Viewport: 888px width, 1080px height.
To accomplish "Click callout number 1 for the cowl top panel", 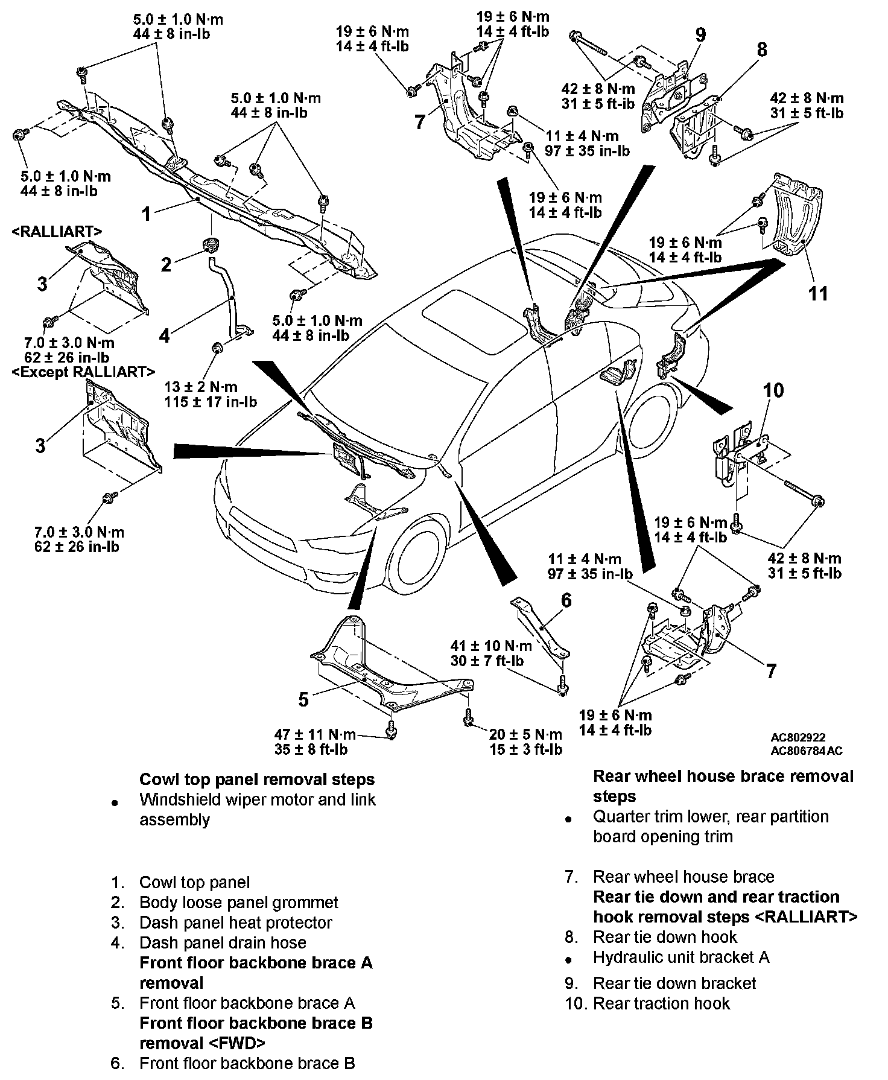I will pyautogui.click(x=146, y=214).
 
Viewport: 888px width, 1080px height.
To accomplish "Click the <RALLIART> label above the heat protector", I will pyautogui.click(x=56, y=231).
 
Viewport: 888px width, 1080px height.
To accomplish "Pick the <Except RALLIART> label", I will pyautogui.click(x=83, y=372).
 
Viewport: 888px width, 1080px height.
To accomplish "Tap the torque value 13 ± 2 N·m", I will pyautogui.click(x=201, y=387).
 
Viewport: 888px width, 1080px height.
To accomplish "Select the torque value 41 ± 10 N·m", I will pyautogui.click(x=490, y=646).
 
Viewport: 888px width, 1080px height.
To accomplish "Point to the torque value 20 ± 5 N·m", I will pyautogui.click(x=525, y=734).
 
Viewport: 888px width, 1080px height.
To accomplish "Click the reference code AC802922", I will pyautogui.click(x=798, y=737).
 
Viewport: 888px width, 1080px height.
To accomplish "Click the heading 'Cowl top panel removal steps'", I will pyautogui.click(x=257, y=780).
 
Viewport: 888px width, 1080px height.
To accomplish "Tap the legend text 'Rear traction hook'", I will pyautogui.click(x=661, y=1003).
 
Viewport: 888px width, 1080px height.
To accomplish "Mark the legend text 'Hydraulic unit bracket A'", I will pyautogui.click(x=681, y=957).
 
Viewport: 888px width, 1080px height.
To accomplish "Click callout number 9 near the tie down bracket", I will pyautogui.click(x=700, y=34).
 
